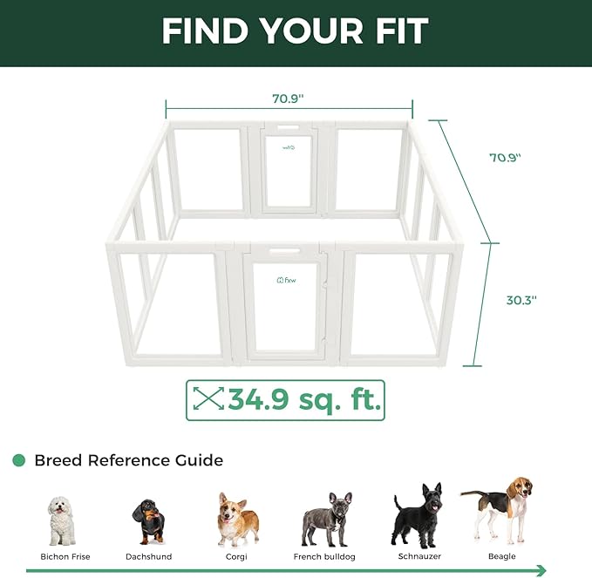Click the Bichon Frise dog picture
tap(61, 520)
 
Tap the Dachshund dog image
tap(148, 521)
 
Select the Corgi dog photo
tap(237, 519)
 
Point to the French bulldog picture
tap(326, 520)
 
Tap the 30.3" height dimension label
tap(521, 299)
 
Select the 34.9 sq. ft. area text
tap(304, 400)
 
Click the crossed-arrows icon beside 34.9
tap(208, 400)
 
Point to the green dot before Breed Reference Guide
tap(18, 460)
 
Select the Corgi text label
tap(237, 556)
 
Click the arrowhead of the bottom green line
tap(541, 570)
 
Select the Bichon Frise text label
tap(65, 556)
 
